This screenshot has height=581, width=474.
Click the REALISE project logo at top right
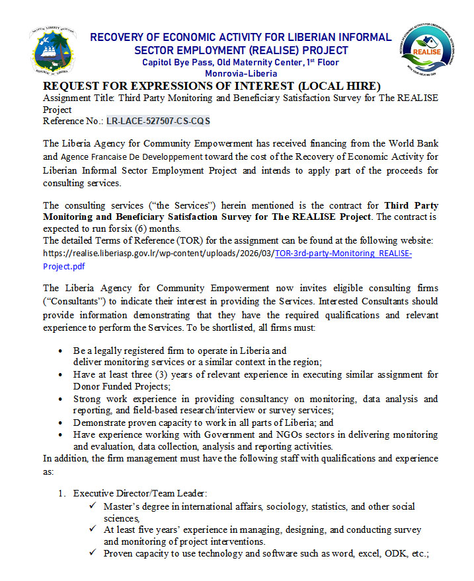point(426,51)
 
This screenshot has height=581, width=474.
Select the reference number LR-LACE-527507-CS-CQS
point(158,121)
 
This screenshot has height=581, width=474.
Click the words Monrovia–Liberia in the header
point(241,74)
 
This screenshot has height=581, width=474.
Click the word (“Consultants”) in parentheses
point(74,302)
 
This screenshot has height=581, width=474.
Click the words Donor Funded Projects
point(121,386)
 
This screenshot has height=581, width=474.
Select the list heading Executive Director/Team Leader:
point(140,493)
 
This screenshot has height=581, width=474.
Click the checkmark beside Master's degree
point(93,506)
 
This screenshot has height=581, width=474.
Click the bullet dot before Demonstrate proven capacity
point(61,423)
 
